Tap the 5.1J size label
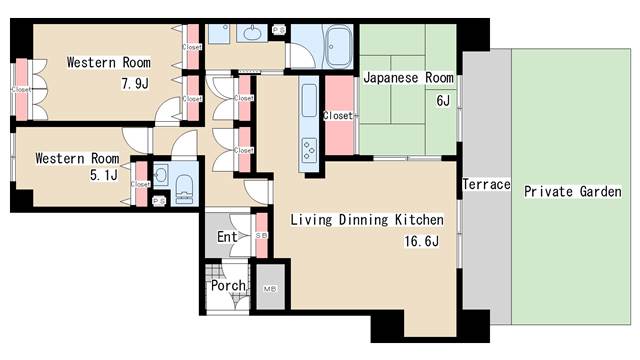tap(105, 176)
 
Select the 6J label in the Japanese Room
tap(442, 100)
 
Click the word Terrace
tap(486, 185)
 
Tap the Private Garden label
tap(573, 191)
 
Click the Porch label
tap(228, 286)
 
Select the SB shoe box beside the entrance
tap(262, 236)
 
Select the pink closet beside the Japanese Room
tap(338, 116)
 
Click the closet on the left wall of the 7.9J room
tap(21, 89)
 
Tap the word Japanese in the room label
tap(394, 78)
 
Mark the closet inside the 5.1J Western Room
tap(141, 184)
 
